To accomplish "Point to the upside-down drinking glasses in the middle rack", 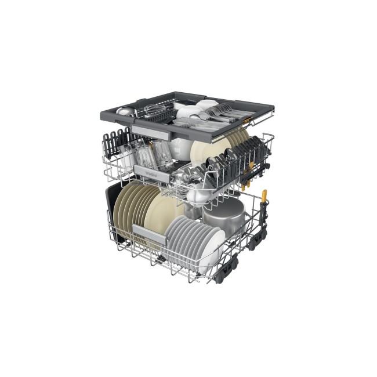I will (x=148, y=154).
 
